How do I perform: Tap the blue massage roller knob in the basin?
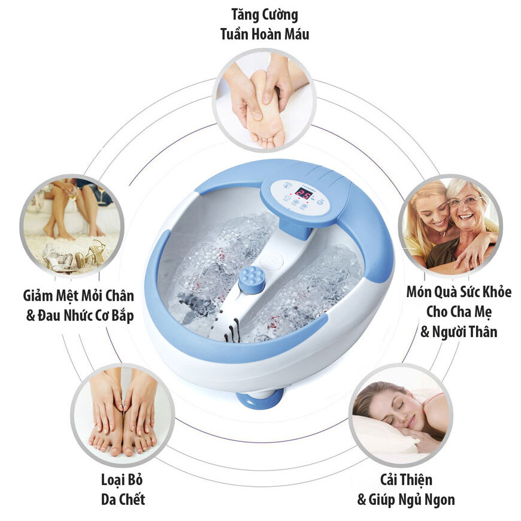pyautogui.click(x=252, y=279)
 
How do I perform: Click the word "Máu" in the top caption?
pyautogui.click(x=295, y=34)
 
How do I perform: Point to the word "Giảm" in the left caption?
pyautogui.click(x=43, y=295)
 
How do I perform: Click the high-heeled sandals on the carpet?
pyautogui.click(x=78, y=256)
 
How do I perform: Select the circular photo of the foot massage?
pyautogui.click(x=263, y=99)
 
